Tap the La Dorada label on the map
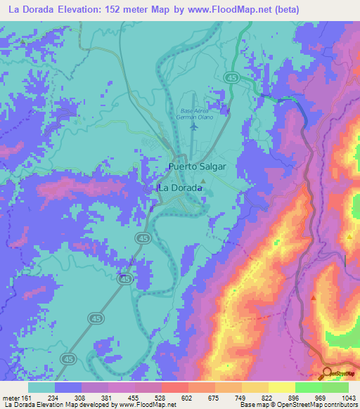coord(176,188)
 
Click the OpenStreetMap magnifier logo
coord(327,372)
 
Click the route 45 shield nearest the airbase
coord(231,77)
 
